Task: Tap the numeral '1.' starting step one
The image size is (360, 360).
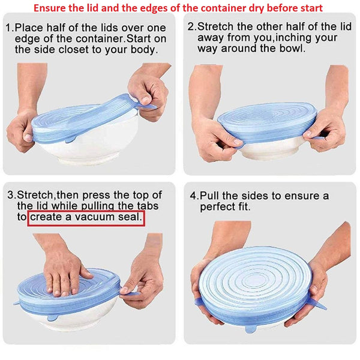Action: (9, 28)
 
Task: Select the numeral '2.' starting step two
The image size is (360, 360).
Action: (191, 27)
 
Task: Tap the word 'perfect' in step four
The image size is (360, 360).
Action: (218, 207)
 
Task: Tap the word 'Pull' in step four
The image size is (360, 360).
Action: (211, 196)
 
